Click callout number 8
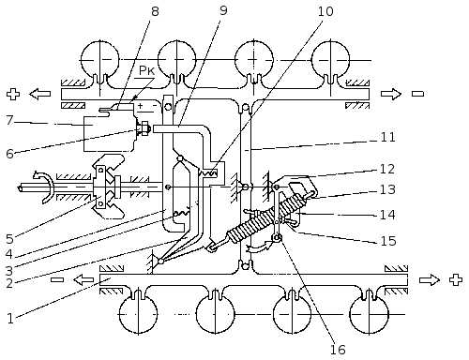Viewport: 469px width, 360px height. [x=155, y=11]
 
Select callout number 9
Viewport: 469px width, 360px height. [x=223, y=10]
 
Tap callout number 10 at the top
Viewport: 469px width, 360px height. [x=325, y=11]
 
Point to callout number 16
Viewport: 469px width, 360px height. [x=339, y=350]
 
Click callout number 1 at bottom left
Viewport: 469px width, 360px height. [x=10, y=319]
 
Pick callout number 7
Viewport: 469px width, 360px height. [x=10, y=120]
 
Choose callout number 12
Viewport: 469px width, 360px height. [x=387, y=169]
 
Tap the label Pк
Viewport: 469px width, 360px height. [x=147, y=70]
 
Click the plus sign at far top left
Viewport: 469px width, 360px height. [x=13, y=94]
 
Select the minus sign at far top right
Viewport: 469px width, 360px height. [x=417, y=94]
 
